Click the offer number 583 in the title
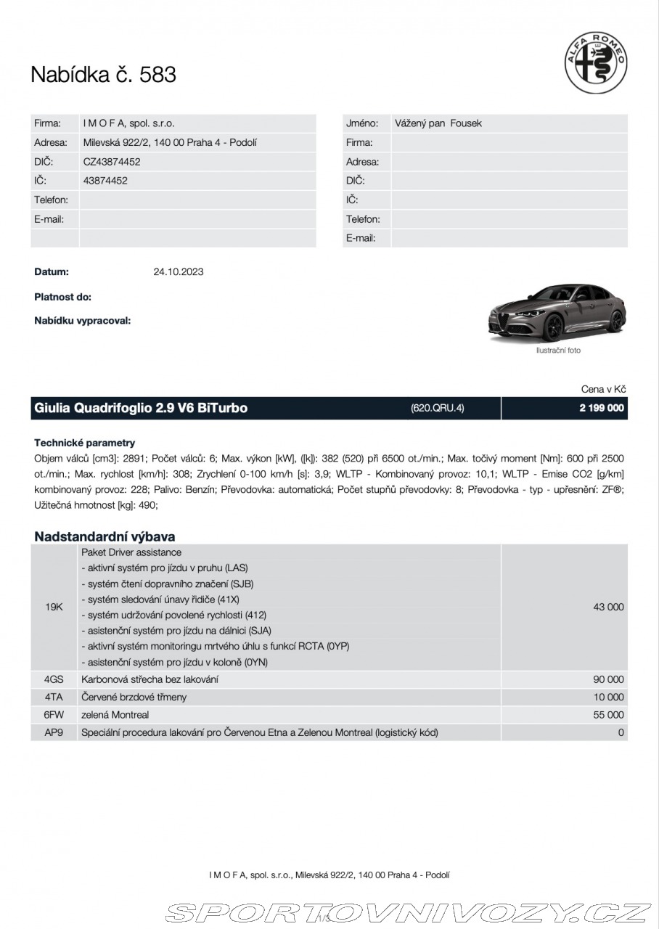(x=157, y=75)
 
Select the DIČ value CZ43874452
(x=112, y=162)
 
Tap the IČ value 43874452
(x=105, y=181)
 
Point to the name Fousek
(x=466, y=123)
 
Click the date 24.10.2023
(x=179, y=272)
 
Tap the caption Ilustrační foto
(x=558, y=351)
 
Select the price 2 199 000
(x=602, y=408)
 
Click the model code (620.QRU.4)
(x=437, y=408)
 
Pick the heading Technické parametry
(x=84, y=443)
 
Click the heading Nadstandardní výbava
(x=105, y=537)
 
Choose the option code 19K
(x=54, y=607)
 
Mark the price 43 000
(x=608, y=607)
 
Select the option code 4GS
(x=54, y=680)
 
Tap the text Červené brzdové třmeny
(x=134, y=697)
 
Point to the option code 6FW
(x=54, y=715)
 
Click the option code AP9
(x=54, y=733)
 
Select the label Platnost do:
(x=63, y=297)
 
